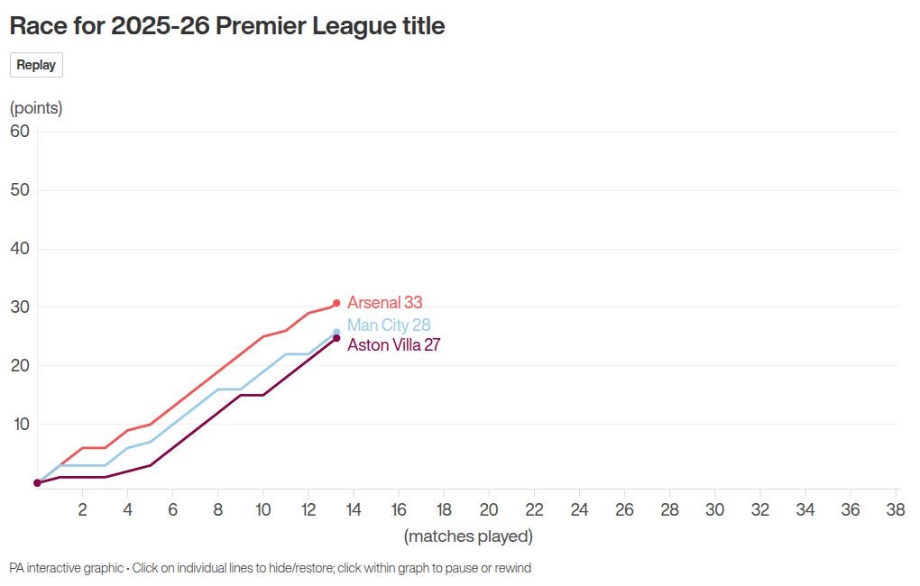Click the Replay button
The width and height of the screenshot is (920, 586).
click(x=36, y=65)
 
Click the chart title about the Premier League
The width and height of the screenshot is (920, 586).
click(x=227, y=26)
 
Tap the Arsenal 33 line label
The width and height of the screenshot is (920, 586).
click(x=384, y=303)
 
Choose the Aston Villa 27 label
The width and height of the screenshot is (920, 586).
click(x=393, y=344)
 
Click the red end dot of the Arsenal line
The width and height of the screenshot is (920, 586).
click(x=336, y=303)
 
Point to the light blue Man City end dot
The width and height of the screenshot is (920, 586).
click(x=336, y=333)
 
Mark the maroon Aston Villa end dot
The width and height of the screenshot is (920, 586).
click(x=336, y=338)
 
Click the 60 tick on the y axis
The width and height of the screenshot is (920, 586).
click(x=20, y=131)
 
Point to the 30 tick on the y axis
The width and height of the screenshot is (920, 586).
click(x=20, y=307)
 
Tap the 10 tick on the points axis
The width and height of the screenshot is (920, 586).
click(x=20, y=424)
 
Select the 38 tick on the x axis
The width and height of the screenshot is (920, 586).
click(x=896, y=509)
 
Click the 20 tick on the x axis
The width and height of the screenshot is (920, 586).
click(x=489, y=509)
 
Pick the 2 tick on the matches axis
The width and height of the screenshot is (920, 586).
click(x=82, y=509)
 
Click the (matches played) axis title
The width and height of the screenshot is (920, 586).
click(x=468, y=536)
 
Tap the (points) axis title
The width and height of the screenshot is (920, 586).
click(x=36, y=108)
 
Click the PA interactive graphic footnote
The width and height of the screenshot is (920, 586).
click(x=271, y=568)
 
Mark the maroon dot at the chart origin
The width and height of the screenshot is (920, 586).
click(x=37, y=482)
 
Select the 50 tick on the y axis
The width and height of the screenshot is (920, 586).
click(x=20, y=189)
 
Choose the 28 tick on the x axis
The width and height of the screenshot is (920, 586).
click(x=669, y=509)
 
